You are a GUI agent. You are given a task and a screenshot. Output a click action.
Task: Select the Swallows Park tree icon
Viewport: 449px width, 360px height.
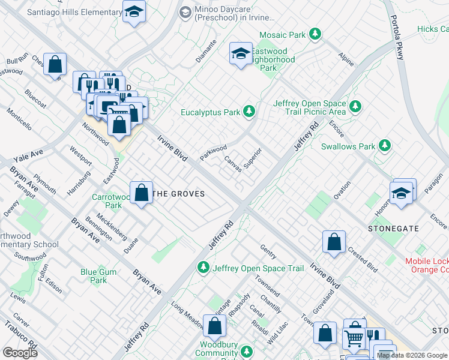pyautogui.click(x=384, y=146)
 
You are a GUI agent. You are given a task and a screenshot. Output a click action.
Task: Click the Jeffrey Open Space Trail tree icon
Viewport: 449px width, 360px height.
pyautogui.click(x=204, y=267)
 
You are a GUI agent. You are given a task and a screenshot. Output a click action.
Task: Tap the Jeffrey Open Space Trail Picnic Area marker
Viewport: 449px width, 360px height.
pyautogui.click(x=356, y=107)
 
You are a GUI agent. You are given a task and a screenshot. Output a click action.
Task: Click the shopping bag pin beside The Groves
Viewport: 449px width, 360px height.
pyautogui.click(x=141, y=193)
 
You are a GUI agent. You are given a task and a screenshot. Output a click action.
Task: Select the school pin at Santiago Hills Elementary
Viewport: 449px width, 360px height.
pyautogui.click(x=134, y=11)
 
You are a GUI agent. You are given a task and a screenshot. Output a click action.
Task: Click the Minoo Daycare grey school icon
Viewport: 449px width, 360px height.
pyautogui.click(x=185, y=12)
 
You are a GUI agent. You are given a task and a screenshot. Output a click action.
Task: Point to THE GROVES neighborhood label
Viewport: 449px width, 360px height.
pyautogui.click(x=179, y=194)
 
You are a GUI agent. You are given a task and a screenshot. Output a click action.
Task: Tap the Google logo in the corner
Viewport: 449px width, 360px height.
pyautogui.click(x=20, y=352)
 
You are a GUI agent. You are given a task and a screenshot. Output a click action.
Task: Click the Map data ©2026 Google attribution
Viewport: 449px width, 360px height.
pyautogui.click(x=412, y=356)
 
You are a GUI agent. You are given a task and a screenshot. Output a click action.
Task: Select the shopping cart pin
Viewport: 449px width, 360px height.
pyautogui.click(x=354, y=337)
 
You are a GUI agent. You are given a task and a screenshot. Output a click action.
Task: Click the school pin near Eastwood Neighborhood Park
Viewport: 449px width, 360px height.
pyautogui.click(x=240, y=54)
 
